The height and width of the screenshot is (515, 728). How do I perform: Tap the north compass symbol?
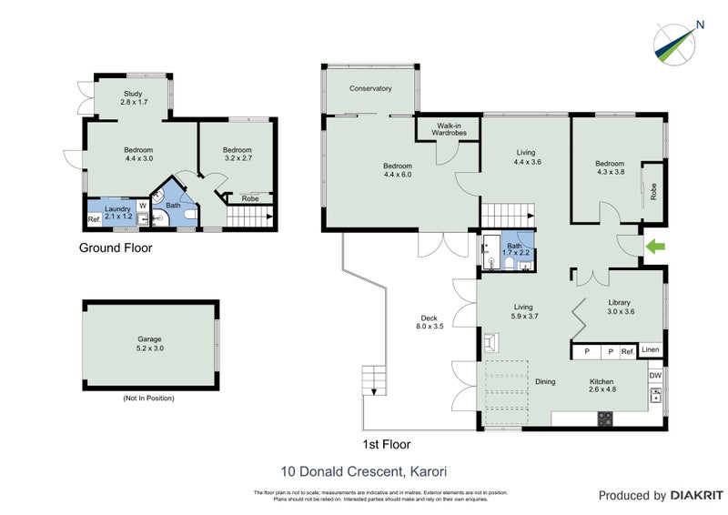pos(678,42)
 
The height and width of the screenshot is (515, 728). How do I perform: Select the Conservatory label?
pos(370,89)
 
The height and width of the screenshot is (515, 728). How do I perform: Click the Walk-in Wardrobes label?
pos(448,129)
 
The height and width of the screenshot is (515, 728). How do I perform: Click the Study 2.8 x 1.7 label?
pos(134,98)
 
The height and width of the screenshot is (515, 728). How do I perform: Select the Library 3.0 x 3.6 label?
pos(626,308)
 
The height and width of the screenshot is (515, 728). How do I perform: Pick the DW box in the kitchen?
pos(655,375)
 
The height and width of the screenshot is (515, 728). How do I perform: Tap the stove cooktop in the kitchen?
pos(604,419)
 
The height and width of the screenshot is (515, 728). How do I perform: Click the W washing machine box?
pos(142,206)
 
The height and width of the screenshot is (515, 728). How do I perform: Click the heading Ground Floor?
pos(116,247)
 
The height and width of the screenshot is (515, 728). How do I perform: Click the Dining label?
pos(544,382)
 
